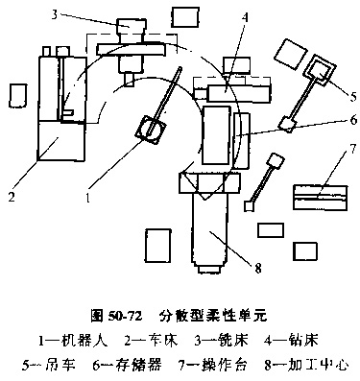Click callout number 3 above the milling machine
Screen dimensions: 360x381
(55, 15)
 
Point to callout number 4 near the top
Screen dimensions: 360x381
(245, 18)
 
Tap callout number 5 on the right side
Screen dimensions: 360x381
(352, 96)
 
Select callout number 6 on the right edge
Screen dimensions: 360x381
(353, 120)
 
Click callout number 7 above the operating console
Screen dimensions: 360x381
(352, 149)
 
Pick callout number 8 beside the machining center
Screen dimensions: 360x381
(258, 268)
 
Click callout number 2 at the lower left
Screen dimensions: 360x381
(12, 197)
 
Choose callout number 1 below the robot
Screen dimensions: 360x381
(88, 198)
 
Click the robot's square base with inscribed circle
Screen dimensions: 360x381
(151, 130)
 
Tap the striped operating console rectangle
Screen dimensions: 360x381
(321, 198)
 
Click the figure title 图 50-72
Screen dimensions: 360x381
(116, 316)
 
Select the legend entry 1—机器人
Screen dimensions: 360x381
(73, 341)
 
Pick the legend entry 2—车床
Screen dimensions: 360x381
(151, 341)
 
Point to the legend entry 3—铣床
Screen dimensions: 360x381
(222, 341)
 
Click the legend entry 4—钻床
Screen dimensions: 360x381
(291, 341)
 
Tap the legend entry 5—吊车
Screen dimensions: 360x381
(49, 365)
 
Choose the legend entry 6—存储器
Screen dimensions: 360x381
(128, 365)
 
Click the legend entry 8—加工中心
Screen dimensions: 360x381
(306, 365)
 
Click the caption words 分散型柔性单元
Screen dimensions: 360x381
(212, 316)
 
